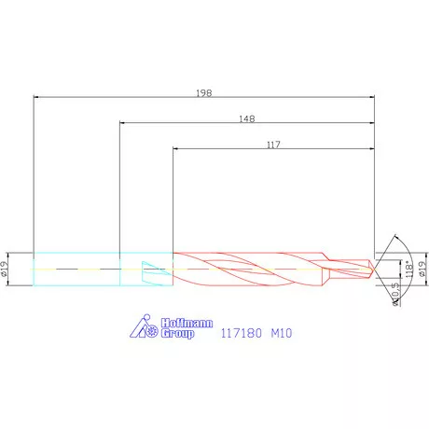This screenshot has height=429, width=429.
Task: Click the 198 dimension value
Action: (204, 93)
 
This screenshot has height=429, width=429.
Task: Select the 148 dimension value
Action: (247, 119)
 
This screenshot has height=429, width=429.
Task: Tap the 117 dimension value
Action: (273, 145)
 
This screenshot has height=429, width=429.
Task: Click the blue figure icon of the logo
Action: (143, 326)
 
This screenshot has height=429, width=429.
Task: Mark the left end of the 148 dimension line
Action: (122, 121)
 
